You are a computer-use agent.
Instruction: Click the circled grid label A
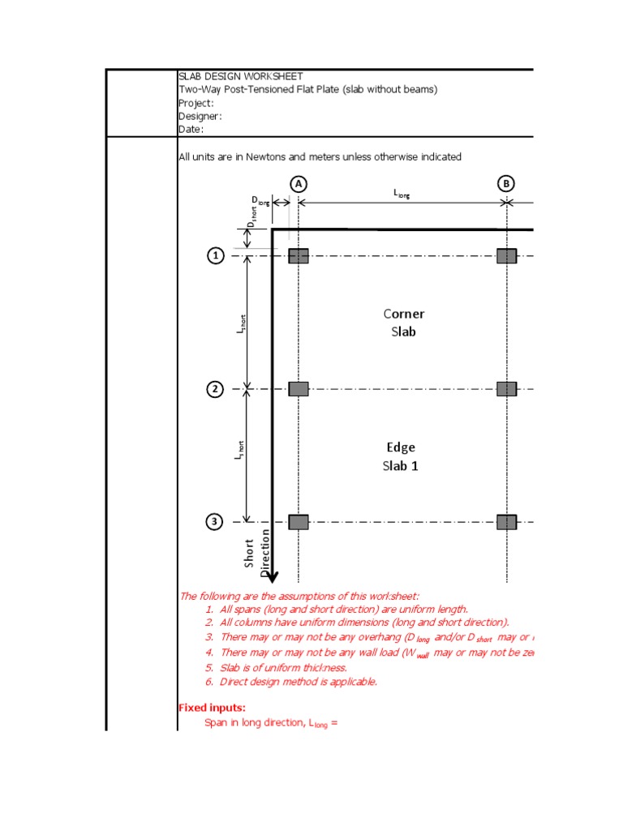pyautogui.click(x=299, y=184)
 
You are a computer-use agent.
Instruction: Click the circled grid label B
pyautogui.click(x=507, y=184)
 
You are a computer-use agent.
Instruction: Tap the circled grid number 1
pyautogui.click(x=215, y=256)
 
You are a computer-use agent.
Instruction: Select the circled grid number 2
pyautogui.click(x=215, y=389)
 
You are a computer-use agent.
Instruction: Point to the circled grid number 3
pyautogui.click(x=215, y=522)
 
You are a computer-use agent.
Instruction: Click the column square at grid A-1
pyautogui.click(x=299, y=256)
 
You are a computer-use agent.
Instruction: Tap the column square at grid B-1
pyautogui.click(x=507, y=256)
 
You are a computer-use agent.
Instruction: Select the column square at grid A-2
pyautogui.click(x=299, y=389)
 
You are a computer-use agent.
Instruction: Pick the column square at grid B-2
pyautogui.click(x=507, y=389)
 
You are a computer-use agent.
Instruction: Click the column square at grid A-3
pyautogui.click(x=299, y=522)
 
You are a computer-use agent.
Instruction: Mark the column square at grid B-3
pyautogui.click(x=507, y=522)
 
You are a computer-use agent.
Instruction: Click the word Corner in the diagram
pyautogui.click(x=403, y=314)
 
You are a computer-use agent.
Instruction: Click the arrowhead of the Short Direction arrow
pyautogui.click(x=273, y=577)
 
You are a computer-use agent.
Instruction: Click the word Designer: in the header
pyautogui.click(x=200, y=116)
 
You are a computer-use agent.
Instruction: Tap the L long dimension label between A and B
pyautogui.click(x=402, y=194)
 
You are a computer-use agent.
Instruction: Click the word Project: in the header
pyautogui.click(x=195, y=103)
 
